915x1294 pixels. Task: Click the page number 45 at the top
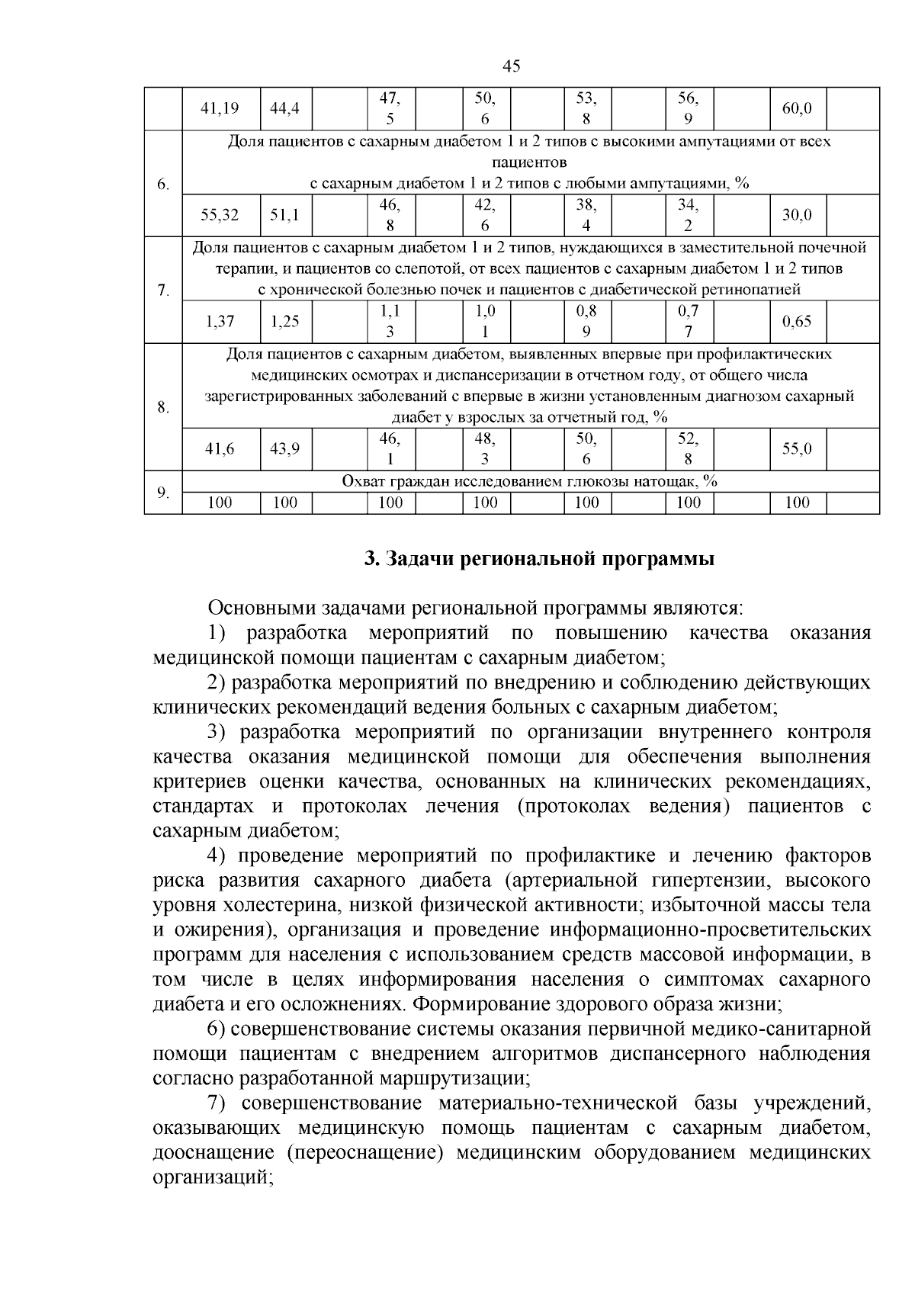point(512,66)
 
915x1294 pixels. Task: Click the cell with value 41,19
point(220,108)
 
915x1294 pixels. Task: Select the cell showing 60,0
point(797,108)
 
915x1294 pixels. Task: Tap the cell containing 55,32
point(220,215)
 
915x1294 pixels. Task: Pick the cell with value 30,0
point(797,215)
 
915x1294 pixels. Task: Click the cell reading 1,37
point(220,321)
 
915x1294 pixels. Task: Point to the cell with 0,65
point(797,321)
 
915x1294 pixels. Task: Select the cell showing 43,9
point(284,449)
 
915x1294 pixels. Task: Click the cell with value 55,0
point(797,449)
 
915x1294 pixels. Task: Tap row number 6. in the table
point(163,185)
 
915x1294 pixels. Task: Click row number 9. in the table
point(163,493)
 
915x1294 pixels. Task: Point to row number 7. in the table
point(163,291)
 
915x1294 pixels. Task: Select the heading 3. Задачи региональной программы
point(539,559)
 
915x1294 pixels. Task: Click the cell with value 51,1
point(284,215)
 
